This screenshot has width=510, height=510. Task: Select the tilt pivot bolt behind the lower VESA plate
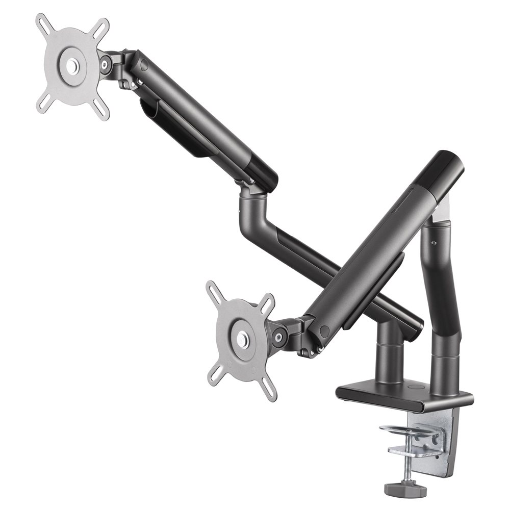[x=278, y=337]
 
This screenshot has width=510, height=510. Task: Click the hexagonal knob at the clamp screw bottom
[x=406, y=489]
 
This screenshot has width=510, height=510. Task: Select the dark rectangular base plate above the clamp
[x=403, y=396]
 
